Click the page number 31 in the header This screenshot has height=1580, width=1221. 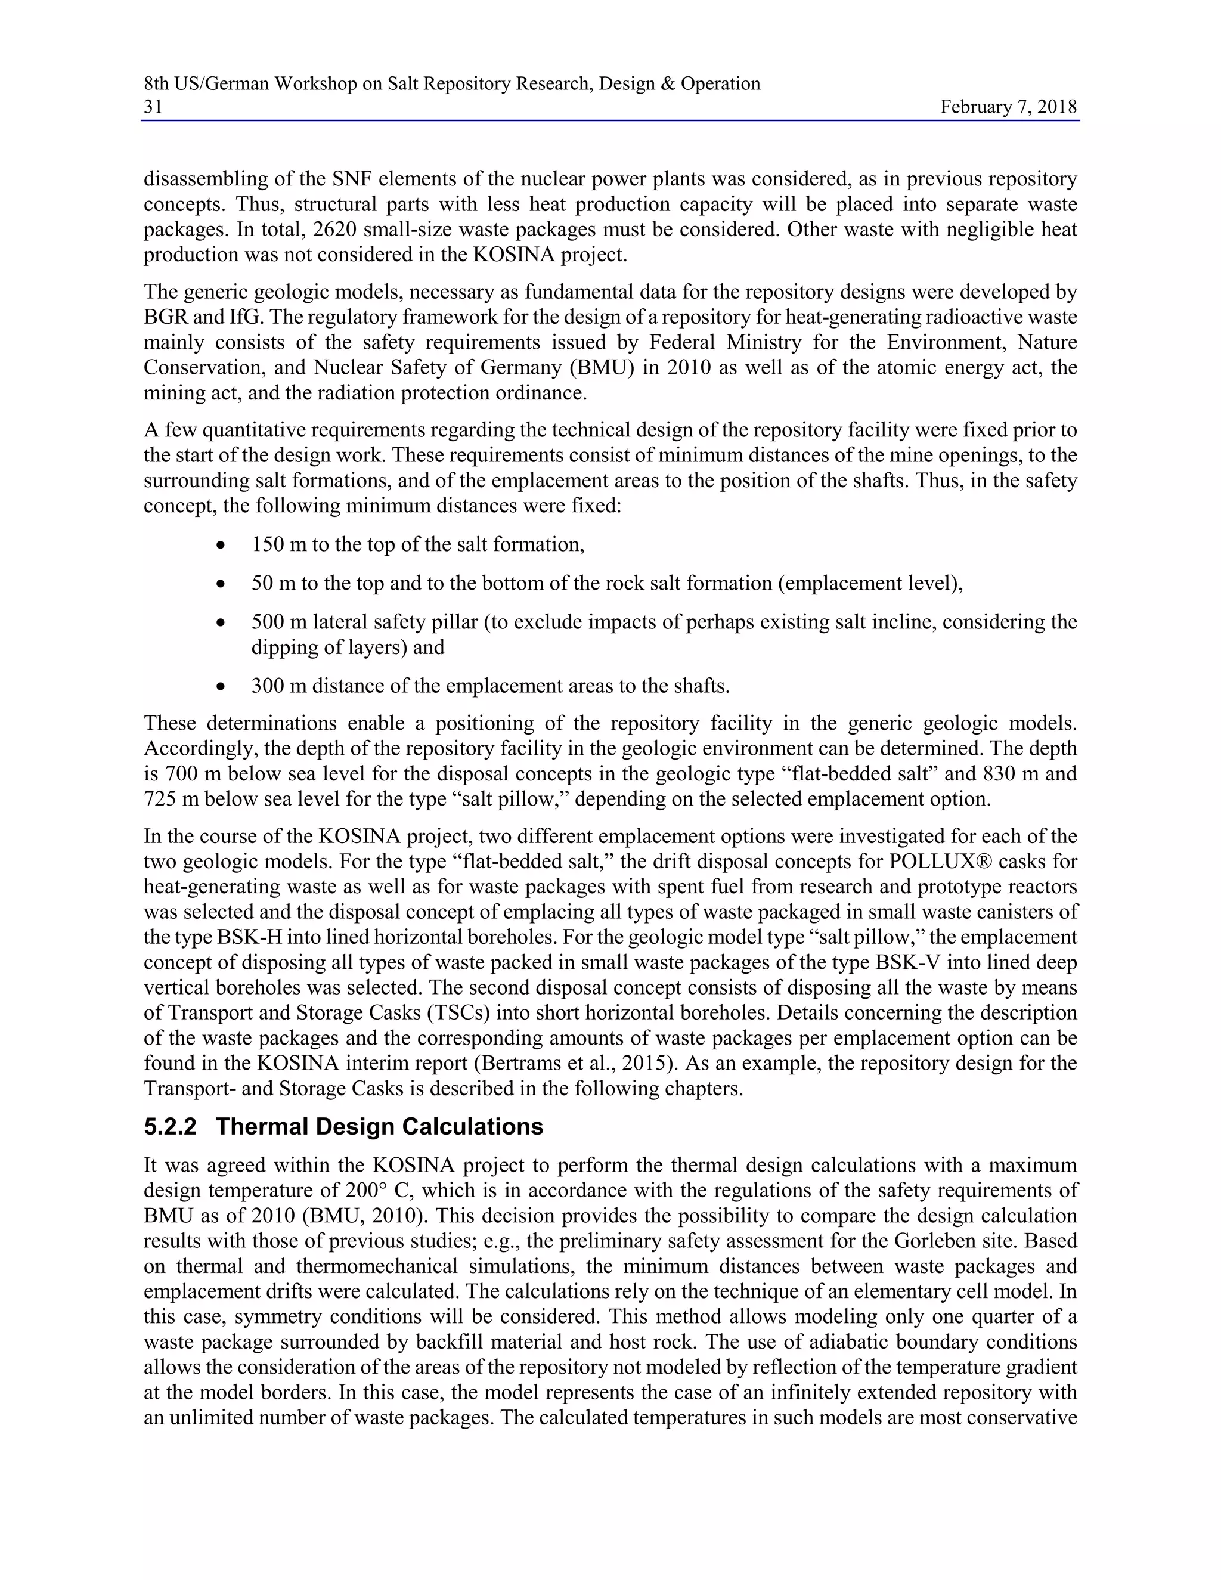(153, 107)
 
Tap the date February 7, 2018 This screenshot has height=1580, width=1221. (1008, 107)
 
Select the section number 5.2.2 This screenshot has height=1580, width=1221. (170, 1127)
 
